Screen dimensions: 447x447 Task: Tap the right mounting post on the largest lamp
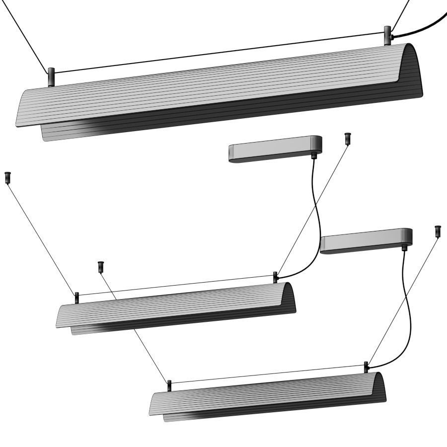tap(387, 36)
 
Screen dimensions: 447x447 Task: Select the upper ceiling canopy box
tap(275, 149)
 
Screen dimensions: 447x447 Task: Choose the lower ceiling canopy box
tap(366, 241)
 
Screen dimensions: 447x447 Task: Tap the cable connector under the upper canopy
tap(313, 155)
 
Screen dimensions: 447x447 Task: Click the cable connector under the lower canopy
tap(405, 246)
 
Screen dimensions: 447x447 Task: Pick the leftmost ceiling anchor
tap(7, 177)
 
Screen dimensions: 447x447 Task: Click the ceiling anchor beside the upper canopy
tap(347, 138)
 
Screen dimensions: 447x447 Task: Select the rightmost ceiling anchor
tap(438, 231)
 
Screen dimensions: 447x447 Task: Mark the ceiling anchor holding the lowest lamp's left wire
tap(101, 266)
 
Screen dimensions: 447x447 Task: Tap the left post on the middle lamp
tap(77, 298)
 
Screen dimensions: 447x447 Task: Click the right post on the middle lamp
tap(275, 277)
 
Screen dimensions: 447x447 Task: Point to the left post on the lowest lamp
tap(169, 385)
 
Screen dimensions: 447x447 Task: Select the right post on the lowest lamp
tap(367, 367)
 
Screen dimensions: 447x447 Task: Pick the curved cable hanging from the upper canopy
tap(313, 219)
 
